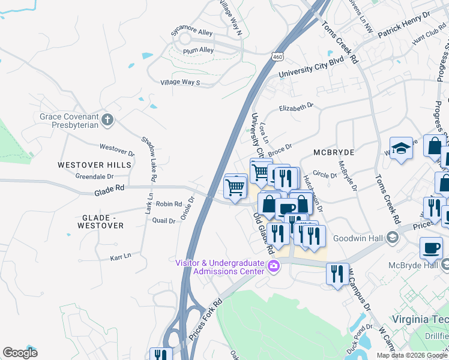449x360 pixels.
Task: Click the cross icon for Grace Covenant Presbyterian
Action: [107, 119]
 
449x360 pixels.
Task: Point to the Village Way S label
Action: [180, 83]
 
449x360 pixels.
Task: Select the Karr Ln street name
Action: [120, 257]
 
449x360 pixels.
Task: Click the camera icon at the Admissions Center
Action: [274, 266]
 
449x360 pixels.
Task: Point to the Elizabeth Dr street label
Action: [297, 106]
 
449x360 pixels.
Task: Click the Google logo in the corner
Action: [20, 353]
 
